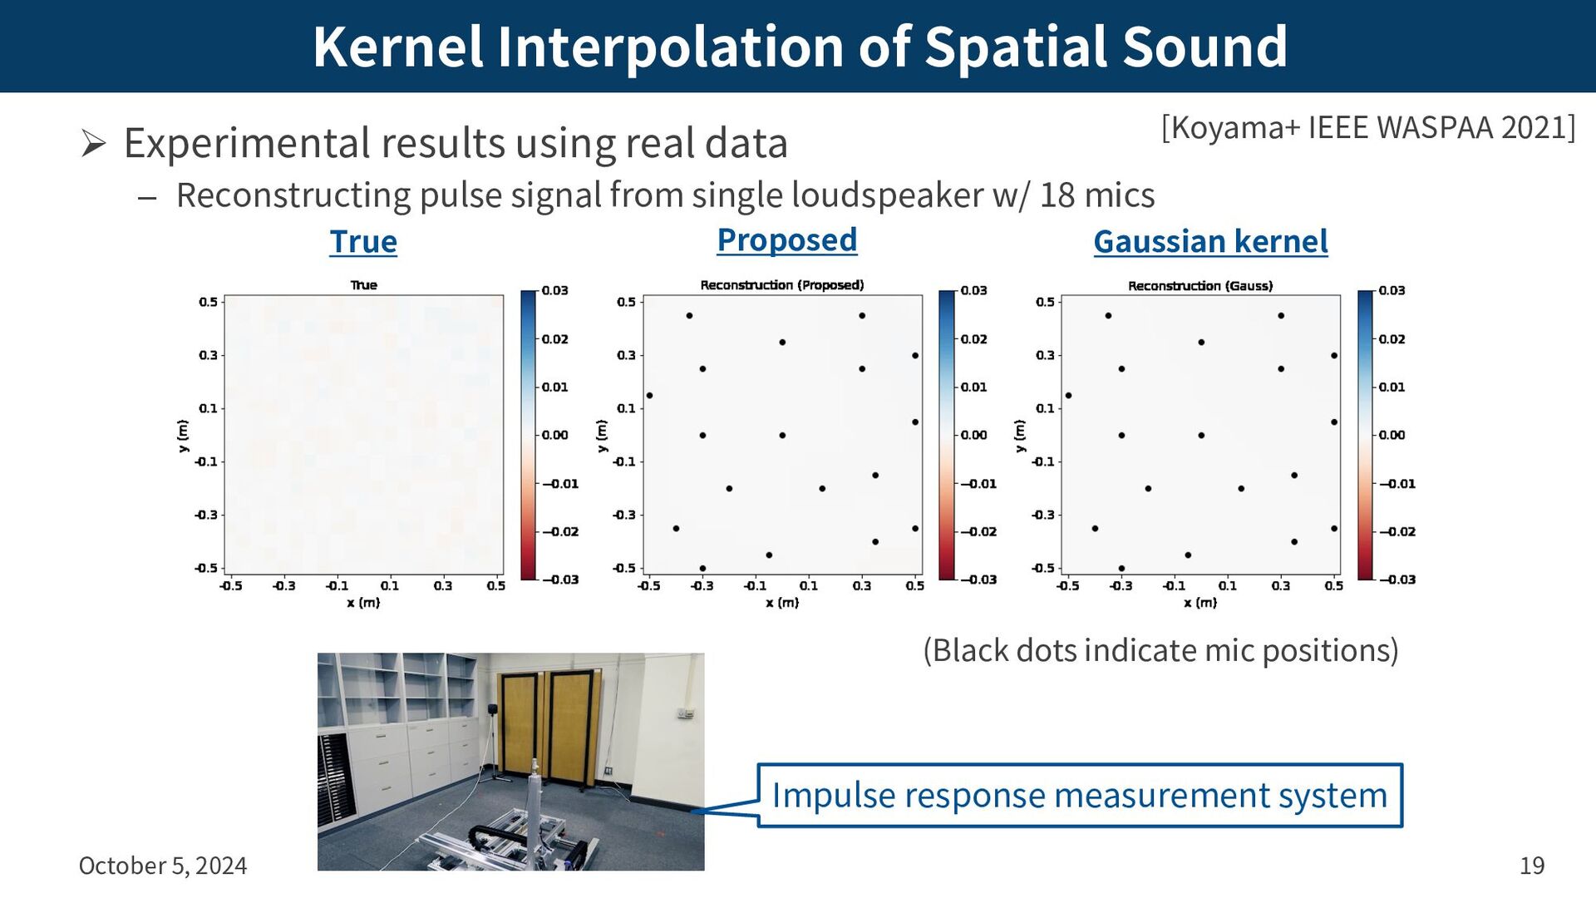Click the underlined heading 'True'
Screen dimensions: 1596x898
point(363,242)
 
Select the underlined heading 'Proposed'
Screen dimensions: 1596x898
point(786,240)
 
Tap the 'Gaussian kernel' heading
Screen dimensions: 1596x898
point(1210,242)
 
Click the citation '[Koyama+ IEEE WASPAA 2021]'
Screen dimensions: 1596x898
point(1368,127)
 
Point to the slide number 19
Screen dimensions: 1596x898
point(1532,866)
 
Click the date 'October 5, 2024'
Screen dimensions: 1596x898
point(163,866)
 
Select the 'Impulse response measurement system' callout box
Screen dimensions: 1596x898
point(1080,795)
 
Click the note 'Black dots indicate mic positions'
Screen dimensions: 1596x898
point(1160,650)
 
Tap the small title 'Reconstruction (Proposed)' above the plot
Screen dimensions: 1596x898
point(782,285)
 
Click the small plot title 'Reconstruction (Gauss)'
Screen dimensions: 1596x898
point(1200,286)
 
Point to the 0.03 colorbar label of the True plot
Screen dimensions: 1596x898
point(554,290)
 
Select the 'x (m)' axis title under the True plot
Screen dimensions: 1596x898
point(363,603)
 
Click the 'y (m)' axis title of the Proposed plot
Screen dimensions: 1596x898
point(602,436)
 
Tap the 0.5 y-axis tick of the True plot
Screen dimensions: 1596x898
point(208,302)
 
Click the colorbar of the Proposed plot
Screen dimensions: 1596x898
point(947,435)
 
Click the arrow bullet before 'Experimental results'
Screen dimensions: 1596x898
point(94,144)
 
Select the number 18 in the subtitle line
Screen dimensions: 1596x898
point(1057,195)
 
